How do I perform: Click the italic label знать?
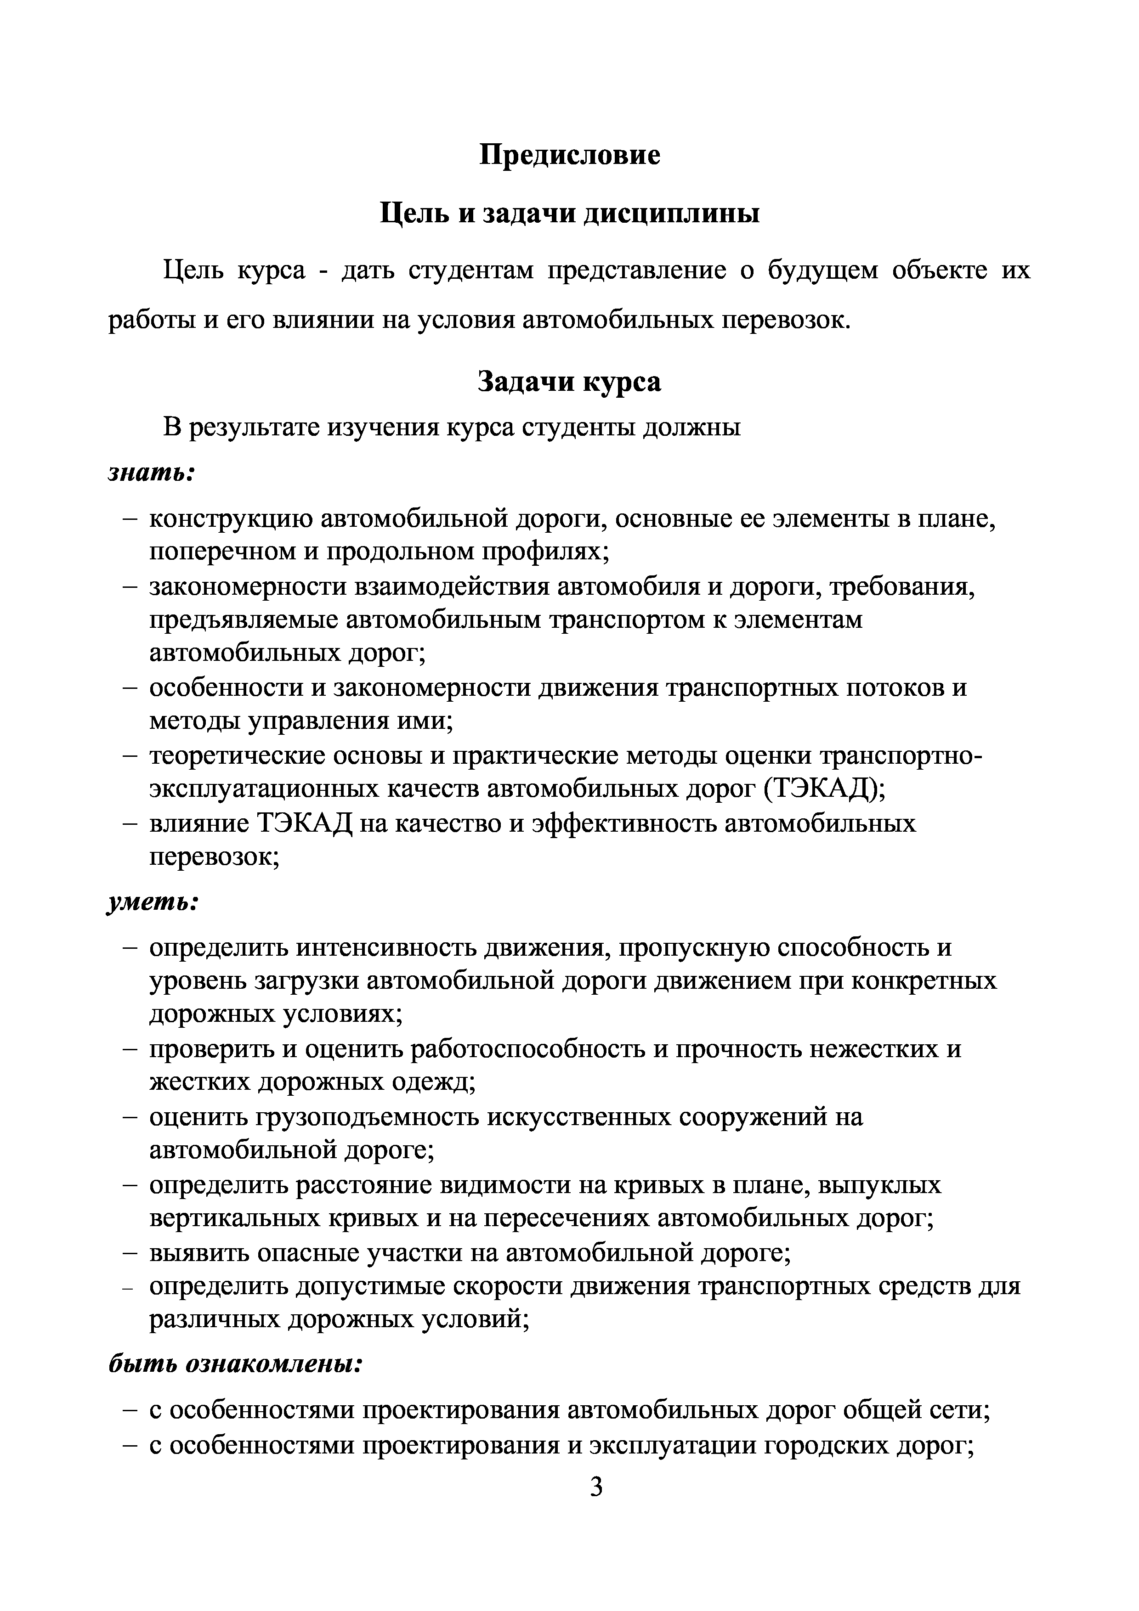pos(151,473)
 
